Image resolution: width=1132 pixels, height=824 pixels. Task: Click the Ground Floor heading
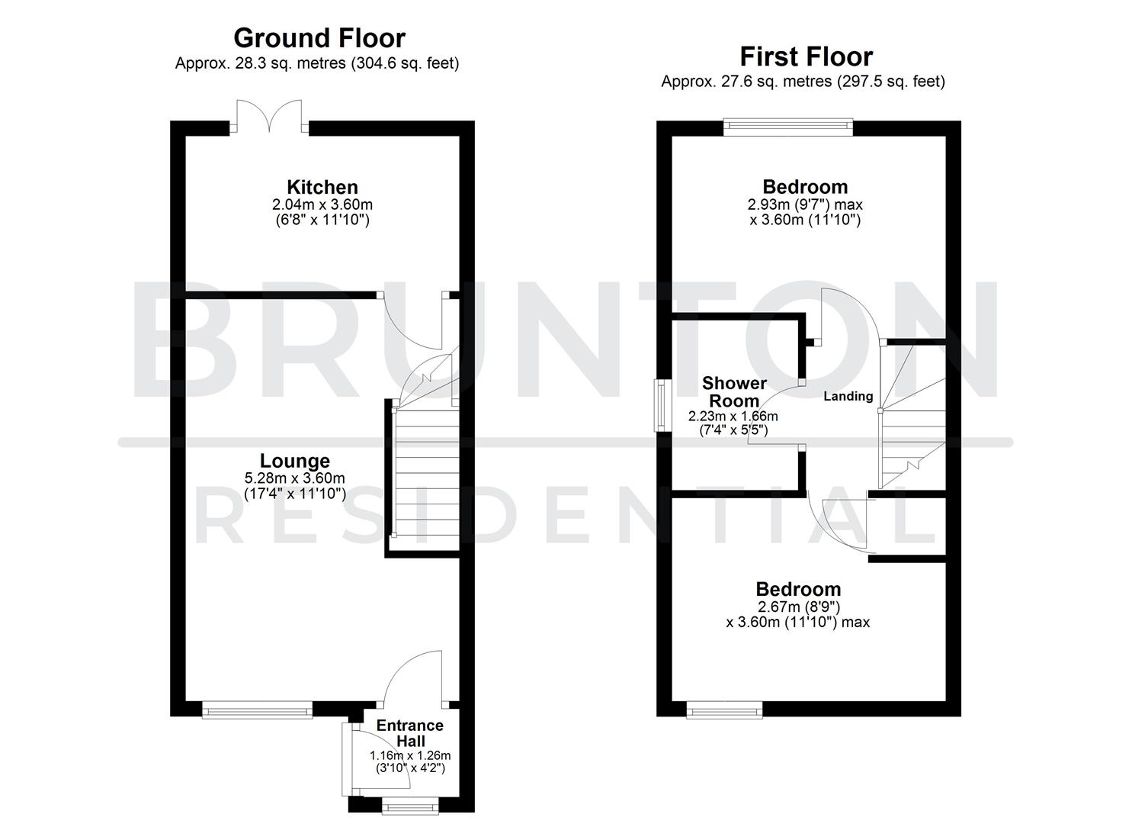click(x=319, y=38)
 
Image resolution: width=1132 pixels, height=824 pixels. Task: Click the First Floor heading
click(x=806, y=56)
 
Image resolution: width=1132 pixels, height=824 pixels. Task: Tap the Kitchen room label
click(x=322, y=187)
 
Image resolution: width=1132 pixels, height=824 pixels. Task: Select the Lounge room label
click(x=294, y=461)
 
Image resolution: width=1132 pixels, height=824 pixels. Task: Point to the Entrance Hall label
click(x=409, y=733)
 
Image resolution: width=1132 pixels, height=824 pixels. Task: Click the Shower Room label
click(x=733, y=391)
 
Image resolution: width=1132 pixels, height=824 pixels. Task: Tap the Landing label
click(x=848, y=396)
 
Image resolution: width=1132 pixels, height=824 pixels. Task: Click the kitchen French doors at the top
click(x=269, y=118)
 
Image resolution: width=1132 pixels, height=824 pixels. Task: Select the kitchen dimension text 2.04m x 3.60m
click(x=322, y=204)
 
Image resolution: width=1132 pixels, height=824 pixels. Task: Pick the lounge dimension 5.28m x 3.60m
click(x=294, y=478)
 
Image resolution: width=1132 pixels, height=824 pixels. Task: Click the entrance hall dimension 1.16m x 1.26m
click(x=409, y=756)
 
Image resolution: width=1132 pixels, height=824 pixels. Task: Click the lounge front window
click(x=257, y=710)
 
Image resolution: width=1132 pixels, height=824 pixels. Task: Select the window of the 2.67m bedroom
click(x=723, y=710)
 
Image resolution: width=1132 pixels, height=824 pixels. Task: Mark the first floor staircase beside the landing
click(x=912, y=427)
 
